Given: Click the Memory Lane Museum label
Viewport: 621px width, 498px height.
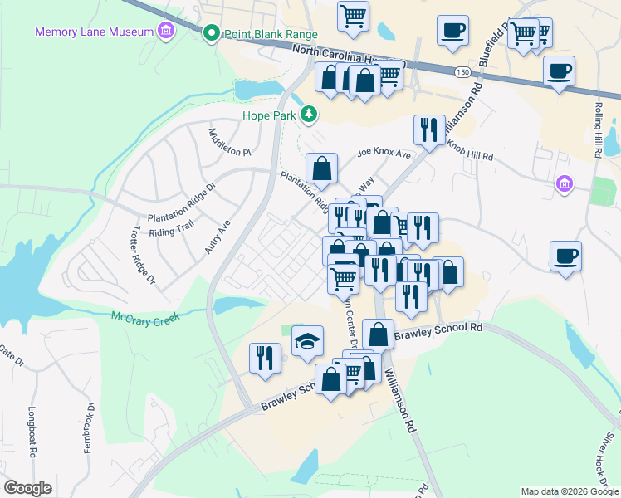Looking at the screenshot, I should click(94, 32).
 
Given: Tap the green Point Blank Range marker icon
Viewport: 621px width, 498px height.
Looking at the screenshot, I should click(211, 34).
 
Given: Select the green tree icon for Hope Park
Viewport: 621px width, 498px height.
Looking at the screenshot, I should click(309, 114).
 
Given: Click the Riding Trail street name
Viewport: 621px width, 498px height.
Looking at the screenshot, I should click(171, 224).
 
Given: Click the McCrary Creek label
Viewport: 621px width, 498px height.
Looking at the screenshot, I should click(145, 316).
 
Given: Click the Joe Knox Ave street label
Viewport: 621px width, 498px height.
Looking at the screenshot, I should click(384, 154).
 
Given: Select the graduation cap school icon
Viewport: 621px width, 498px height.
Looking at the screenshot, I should click(307, 340).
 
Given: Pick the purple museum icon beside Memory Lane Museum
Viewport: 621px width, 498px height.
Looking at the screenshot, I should click(166, 32).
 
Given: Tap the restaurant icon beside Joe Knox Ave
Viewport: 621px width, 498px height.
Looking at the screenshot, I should click(429, 129).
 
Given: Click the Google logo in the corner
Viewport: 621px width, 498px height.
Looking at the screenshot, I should click(27, 488).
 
